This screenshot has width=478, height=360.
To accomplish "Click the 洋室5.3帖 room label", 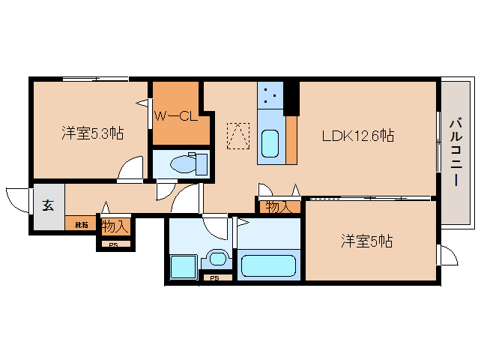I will tap(92, 134).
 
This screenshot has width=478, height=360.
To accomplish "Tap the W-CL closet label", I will tap(175, 116).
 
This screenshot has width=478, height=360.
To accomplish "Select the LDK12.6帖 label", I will tap(357, 136).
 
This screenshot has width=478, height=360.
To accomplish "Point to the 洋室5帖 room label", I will tap(367, 241).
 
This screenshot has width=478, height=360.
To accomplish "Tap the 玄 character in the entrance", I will tap(47, 205).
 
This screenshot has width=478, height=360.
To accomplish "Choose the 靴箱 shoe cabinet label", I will tap(81, 224).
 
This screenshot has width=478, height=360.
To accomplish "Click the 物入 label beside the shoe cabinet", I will tap(115, 225).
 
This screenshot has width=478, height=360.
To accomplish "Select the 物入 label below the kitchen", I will tap(279, 206).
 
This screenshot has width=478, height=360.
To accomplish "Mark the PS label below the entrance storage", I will tap(114, 244).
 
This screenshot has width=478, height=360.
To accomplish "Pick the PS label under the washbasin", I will tap(214, 279).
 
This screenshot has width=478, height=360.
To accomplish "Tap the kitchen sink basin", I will tap(270, 141).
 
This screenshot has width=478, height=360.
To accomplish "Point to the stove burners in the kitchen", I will tap(270, 95).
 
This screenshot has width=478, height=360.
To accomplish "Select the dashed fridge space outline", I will tap(238, 135).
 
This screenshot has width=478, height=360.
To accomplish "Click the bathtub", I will tap(268, 266).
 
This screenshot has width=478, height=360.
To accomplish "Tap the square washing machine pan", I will tap(182, 267).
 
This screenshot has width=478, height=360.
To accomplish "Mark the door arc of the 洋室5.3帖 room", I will tap(132, 168).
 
